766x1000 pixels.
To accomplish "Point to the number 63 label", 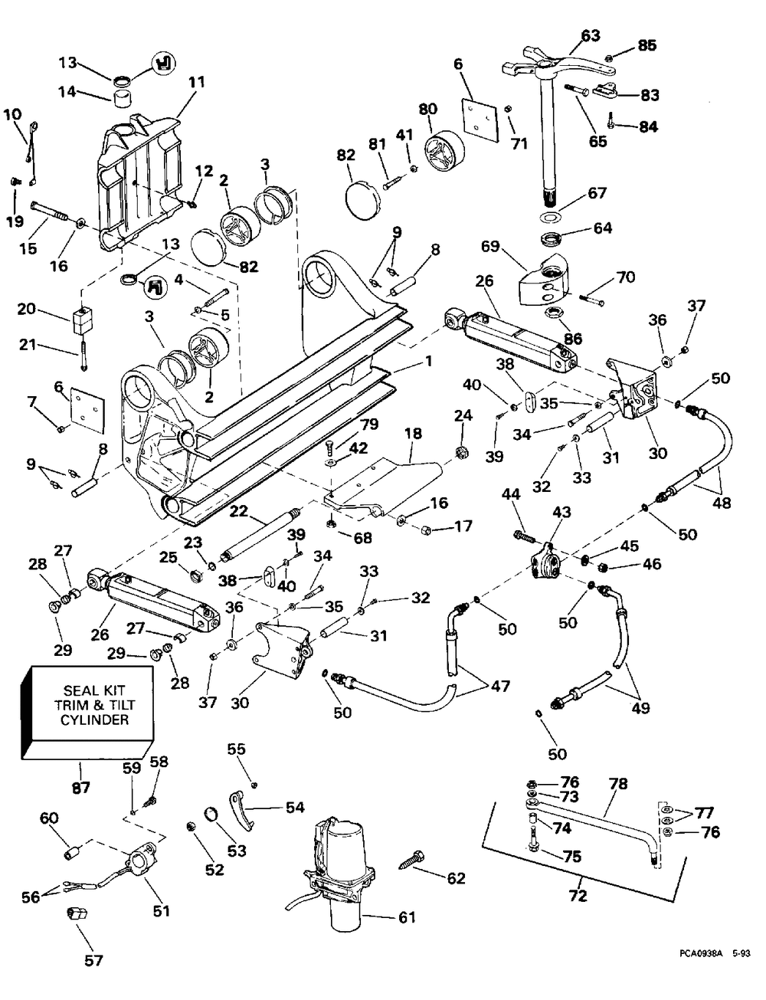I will [x=591, y=35].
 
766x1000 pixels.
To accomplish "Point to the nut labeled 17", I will [x=428, y=530].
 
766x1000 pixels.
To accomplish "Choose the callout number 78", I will [x=618, y=785].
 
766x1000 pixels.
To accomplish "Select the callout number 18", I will [x=413, y=434].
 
